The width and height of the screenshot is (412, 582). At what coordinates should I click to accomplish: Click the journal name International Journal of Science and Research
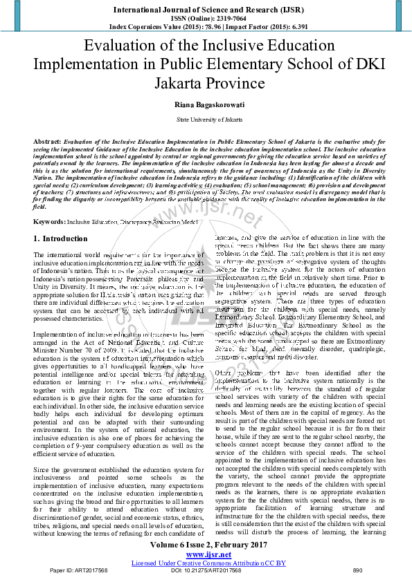click(x=206, y=9)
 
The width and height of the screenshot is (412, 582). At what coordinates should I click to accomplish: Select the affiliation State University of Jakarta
click(x=206, y=119)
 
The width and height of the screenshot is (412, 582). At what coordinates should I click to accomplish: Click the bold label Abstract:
click(x=48, y=140)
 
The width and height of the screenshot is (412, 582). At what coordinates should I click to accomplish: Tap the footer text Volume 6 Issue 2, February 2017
click(x=206, y=545)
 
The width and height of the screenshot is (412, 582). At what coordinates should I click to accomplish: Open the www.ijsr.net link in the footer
click(x=206, y=554)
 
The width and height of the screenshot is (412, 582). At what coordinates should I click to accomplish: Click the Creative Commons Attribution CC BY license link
click(x=206, y=563)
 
